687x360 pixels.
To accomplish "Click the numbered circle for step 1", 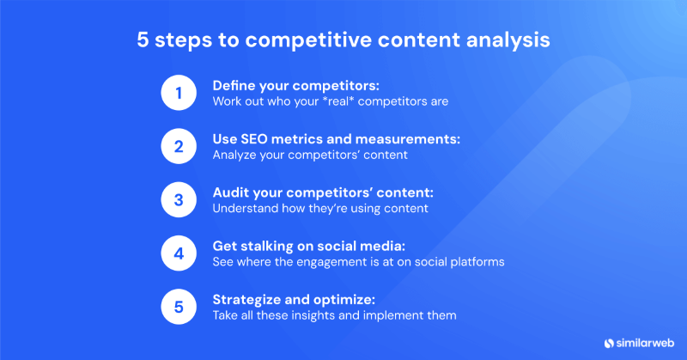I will pos(179,93).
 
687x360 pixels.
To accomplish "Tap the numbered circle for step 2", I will pos(179,146).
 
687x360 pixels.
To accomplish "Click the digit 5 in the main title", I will pos(144,41).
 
